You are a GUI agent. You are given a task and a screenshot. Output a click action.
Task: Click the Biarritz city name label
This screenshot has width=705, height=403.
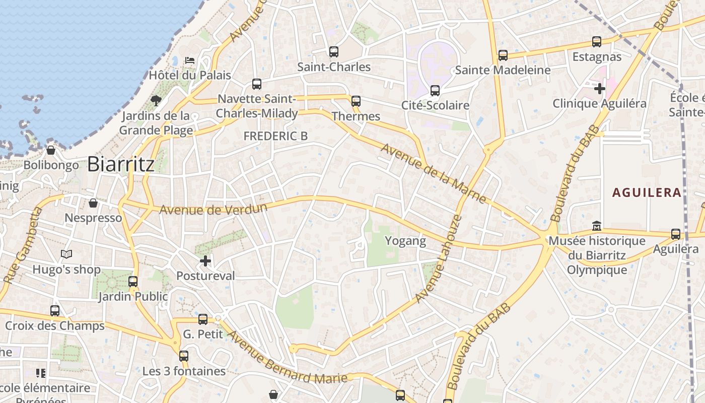click(x=121, y=164)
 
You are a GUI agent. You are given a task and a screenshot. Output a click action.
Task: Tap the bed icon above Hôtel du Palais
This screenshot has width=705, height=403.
click(x=190, y=60)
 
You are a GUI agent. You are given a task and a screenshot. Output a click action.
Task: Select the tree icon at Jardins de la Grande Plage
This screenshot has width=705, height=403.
click(x=156, y=100)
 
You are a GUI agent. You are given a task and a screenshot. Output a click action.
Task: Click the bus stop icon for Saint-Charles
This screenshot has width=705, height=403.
click(x=333, y=51)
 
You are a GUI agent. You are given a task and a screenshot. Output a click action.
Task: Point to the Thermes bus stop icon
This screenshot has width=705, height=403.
click(x=356, y=101)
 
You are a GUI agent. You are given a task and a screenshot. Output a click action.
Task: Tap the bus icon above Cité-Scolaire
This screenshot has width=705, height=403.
click(x=435, y=91)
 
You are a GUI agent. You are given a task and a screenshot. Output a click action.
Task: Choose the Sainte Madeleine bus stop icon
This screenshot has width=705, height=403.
click(x=503, y=55)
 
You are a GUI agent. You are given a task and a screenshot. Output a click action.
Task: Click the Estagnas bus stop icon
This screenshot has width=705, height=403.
click(x=597, y=42)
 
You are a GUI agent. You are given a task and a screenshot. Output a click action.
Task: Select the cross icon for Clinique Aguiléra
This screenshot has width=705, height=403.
click(x=599, y=89)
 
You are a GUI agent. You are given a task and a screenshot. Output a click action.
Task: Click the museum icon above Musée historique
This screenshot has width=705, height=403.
click(x=597, y=226)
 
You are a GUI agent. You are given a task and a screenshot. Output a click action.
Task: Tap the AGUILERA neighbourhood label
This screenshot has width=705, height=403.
click(x=647, y=192)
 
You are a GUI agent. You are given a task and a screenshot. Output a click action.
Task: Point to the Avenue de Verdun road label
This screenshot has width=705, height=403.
click(x=213, y=208)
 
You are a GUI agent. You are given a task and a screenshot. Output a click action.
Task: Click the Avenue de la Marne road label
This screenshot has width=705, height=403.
click(x=434, y=174)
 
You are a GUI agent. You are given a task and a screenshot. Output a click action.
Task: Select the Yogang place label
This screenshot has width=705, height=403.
click(x=405, y=241)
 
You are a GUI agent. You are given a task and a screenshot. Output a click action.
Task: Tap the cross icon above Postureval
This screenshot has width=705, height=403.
click(x=205, y=261)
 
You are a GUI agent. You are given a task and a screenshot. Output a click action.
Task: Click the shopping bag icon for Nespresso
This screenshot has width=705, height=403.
click(x=93, y=203)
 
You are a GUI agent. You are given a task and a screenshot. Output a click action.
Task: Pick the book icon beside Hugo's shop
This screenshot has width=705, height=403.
click(x=66, y=254)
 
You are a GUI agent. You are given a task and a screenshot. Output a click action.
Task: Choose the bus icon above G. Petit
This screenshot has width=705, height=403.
click(x=203, y=319)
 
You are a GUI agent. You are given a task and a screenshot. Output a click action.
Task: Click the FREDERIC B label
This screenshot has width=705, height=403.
click(x=275, y=136)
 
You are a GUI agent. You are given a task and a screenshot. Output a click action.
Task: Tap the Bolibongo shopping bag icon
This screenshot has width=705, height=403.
click(x=51, y=150)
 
